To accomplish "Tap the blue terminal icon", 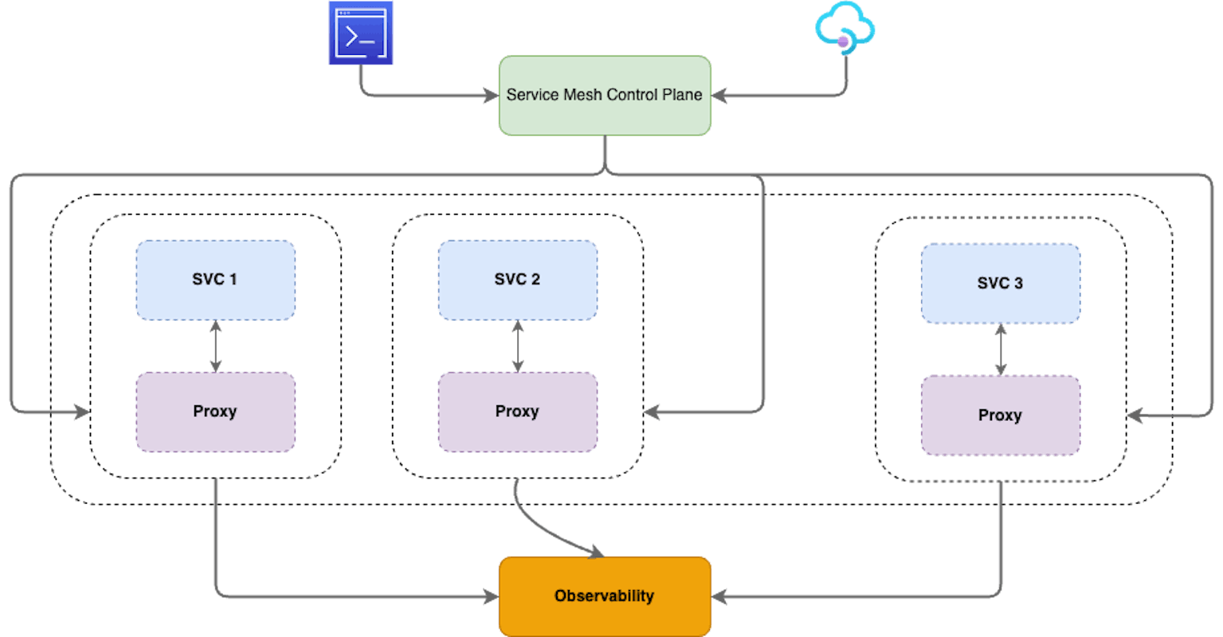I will tap(360, 33).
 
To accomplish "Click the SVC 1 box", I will tap(215, 280).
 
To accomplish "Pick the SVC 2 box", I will tap(517, 280).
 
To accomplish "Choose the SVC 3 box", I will tap(1000, 283).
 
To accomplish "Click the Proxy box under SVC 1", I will tap(215, 412).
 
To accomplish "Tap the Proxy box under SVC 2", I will tap(517, 412).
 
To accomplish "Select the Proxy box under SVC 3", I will tap(1000, 416).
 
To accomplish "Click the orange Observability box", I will tap(604, 596).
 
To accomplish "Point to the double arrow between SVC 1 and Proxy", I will tap(215, 346).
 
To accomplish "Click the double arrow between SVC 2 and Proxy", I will tap(518, 346).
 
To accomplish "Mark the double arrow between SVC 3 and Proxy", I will tap(1001, 350).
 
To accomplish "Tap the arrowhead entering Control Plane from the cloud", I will tap(718, 96).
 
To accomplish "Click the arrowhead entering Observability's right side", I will tap(718, 596).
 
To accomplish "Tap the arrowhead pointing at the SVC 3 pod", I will tap(1135, 416).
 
